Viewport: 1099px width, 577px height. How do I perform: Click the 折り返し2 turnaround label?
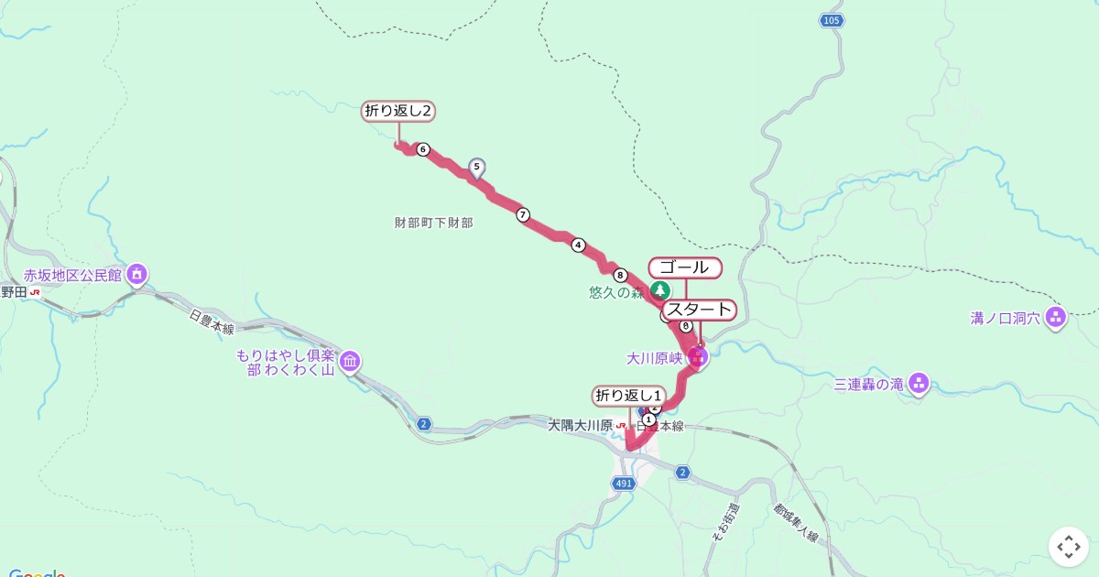[398, 112]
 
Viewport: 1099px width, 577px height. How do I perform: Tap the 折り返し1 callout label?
[628, 396]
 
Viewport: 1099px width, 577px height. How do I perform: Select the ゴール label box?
[685, 267]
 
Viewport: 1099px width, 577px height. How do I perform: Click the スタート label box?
[700, 310]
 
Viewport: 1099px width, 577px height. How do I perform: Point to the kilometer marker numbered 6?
[422, 149]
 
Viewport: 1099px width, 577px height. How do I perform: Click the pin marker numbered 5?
[476, 167]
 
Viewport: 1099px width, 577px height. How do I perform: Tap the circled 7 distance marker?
[523, 215]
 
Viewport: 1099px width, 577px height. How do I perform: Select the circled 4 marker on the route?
[578, 245]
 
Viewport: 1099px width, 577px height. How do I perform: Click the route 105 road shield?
[831, 20]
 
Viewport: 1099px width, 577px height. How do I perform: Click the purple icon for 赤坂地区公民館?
[137, 273]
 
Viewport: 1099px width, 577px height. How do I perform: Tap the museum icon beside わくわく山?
[350, 363]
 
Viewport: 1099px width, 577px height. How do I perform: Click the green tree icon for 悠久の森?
[659, 293]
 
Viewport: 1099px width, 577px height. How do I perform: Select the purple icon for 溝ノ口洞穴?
[1056, 318]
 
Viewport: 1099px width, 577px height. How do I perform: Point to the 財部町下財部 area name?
[434, 223]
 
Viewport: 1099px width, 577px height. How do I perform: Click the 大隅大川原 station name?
[580, 426]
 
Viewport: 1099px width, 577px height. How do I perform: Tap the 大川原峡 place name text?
[655, 358]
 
